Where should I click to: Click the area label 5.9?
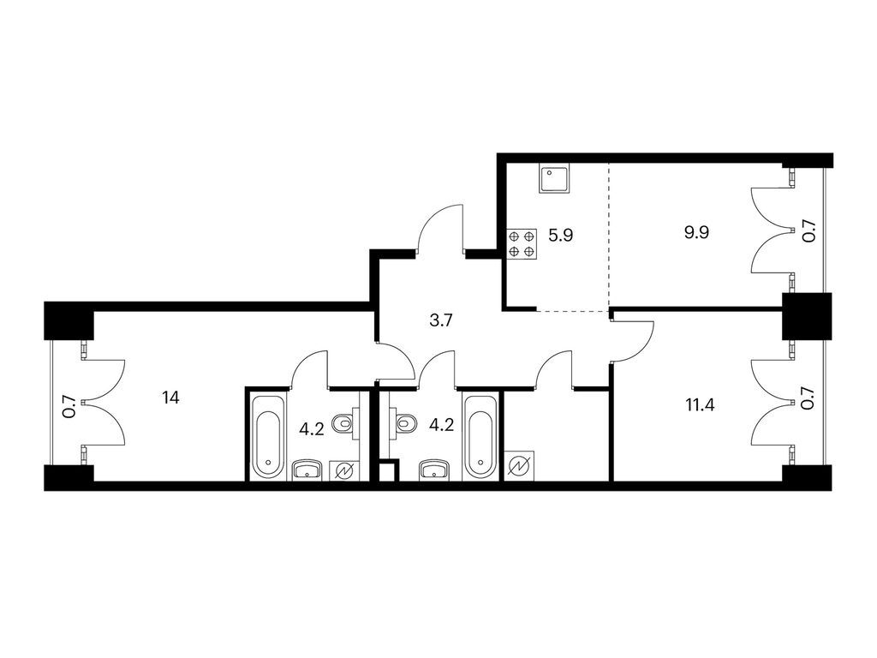click(x=560, y=235)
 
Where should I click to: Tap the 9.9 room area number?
click(x=697, y=231)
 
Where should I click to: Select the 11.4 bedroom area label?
click(x=700, y=404)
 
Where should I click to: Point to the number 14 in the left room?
click(x=170, y=398)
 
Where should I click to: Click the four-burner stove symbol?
click(x=522, y=244)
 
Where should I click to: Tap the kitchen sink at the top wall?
click(x=555, y=178)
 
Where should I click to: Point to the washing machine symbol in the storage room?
click(x=520, y=465)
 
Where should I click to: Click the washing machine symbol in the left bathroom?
click(x=344, y=470)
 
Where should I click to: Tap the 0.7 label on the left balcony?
click(x=69, y=407)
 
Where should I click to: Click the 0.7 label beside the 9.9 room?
click(x=810, y=231)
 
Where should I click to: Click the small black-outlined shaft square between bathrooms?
click(x=387, y=470)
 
